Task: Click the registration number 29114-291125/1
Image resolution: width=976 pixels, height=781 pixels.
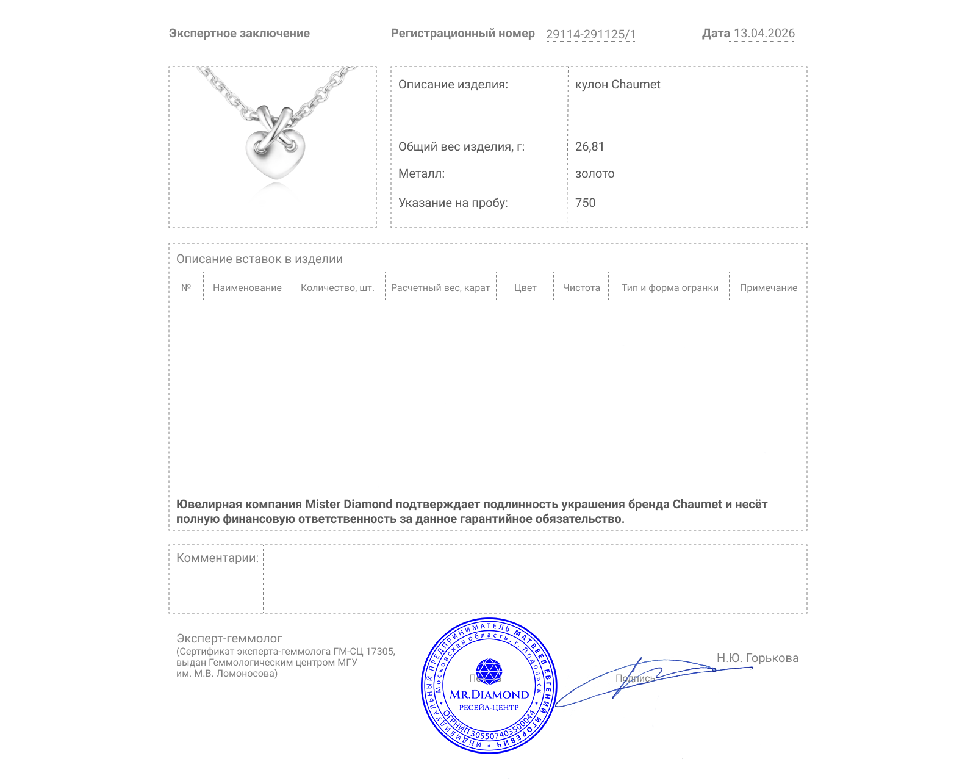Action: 590,34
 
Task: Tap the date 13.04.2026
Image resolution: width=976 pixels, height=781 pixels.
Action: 764,34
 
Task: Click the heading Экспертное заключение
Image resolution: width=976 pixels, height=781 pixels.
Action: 239,34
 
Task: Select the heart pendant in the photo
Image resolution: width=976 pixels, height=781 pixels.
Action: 275,149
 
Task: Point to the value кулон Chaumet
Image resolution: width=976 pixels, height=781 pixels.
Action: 617,85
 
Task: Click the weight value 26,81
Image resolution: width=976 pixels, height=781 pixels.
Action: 589,147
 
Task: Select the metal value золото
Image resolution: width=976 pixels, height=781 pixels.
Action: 595,174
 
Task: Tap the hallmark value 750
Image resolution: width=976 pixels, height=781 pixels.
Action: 585,203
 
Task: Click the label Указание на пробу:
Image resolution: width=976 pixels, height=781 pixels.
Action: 453,203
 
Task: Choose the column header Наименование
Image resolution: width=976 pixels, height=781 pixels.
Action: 247,288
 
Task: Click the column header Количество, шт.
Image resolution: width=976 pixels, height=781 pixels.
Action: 337,288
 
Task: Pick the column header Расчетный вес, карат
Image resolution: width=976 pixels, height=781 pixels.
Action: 440,288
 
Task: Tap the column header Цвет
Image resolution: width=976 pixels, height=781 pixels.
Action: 525,288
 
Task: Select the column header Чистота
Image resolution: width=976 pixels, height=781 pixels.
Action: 581,288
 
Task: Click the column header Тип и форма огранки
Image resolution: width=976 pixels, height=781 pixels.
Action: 670,288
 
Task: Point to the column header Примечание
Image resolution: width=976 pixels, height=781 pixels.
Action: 769,288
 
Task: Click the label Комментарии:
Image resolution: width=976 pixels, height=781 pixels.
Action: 217,558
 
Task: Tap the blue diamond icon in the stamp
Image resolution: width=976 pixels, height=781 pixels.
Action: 489,671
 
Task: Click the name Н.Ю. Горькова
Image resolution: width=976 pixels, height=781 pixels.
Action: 758,658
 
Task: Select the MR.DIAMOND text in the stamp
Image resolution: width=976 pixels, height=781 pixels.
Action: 489,695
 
